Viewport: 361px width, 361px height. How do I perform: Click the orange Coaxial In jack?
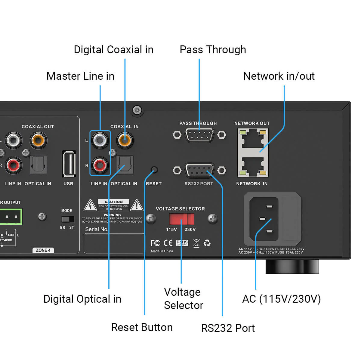tap(125, 140)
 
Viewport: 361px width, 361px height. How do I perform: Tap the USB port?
tap(69, 164)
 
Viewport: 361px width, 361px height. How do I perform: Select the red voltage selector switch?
tap(182, 219)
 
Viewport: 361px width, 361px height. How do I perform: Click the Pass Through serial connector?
tap(199, 134)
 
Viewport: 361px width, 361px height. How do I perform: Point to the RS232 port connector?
tap(199, 170)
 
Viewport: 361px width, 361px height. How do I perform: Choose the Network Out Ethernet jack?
tap(253, 138)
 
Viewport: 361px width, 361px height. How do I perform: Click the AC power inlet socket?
tap(264, 219)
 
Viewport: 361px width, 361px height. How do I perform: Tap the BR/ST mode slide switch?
tap(67, 219)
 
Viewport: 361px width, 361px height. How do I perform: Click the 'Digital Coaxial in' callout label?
tap(113, 50)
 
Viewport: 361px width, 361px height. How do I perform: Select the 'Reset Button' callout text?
tap(142, 327)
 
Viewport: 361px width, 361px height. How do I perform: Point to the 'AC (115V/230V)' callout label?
tap(281, 299)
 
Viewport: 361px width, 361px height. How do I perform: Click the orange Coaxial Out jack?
tap(39, 140)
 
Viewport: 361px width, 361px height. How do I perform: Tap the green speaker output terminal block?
tap(11, 217)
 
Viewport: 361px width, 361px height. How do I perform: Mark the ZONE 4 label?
tap(43, 250)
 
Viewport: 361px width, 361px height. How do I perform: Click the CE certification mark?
tap(168, 243)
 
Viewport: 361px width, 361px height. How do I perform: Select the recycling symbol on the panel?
tap(207, 243)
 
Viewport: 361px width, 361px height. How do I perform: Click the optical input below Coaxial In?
tap(125, 165)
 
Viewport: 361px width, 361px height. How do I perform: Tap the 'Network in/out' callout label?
tap(279, 76)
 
